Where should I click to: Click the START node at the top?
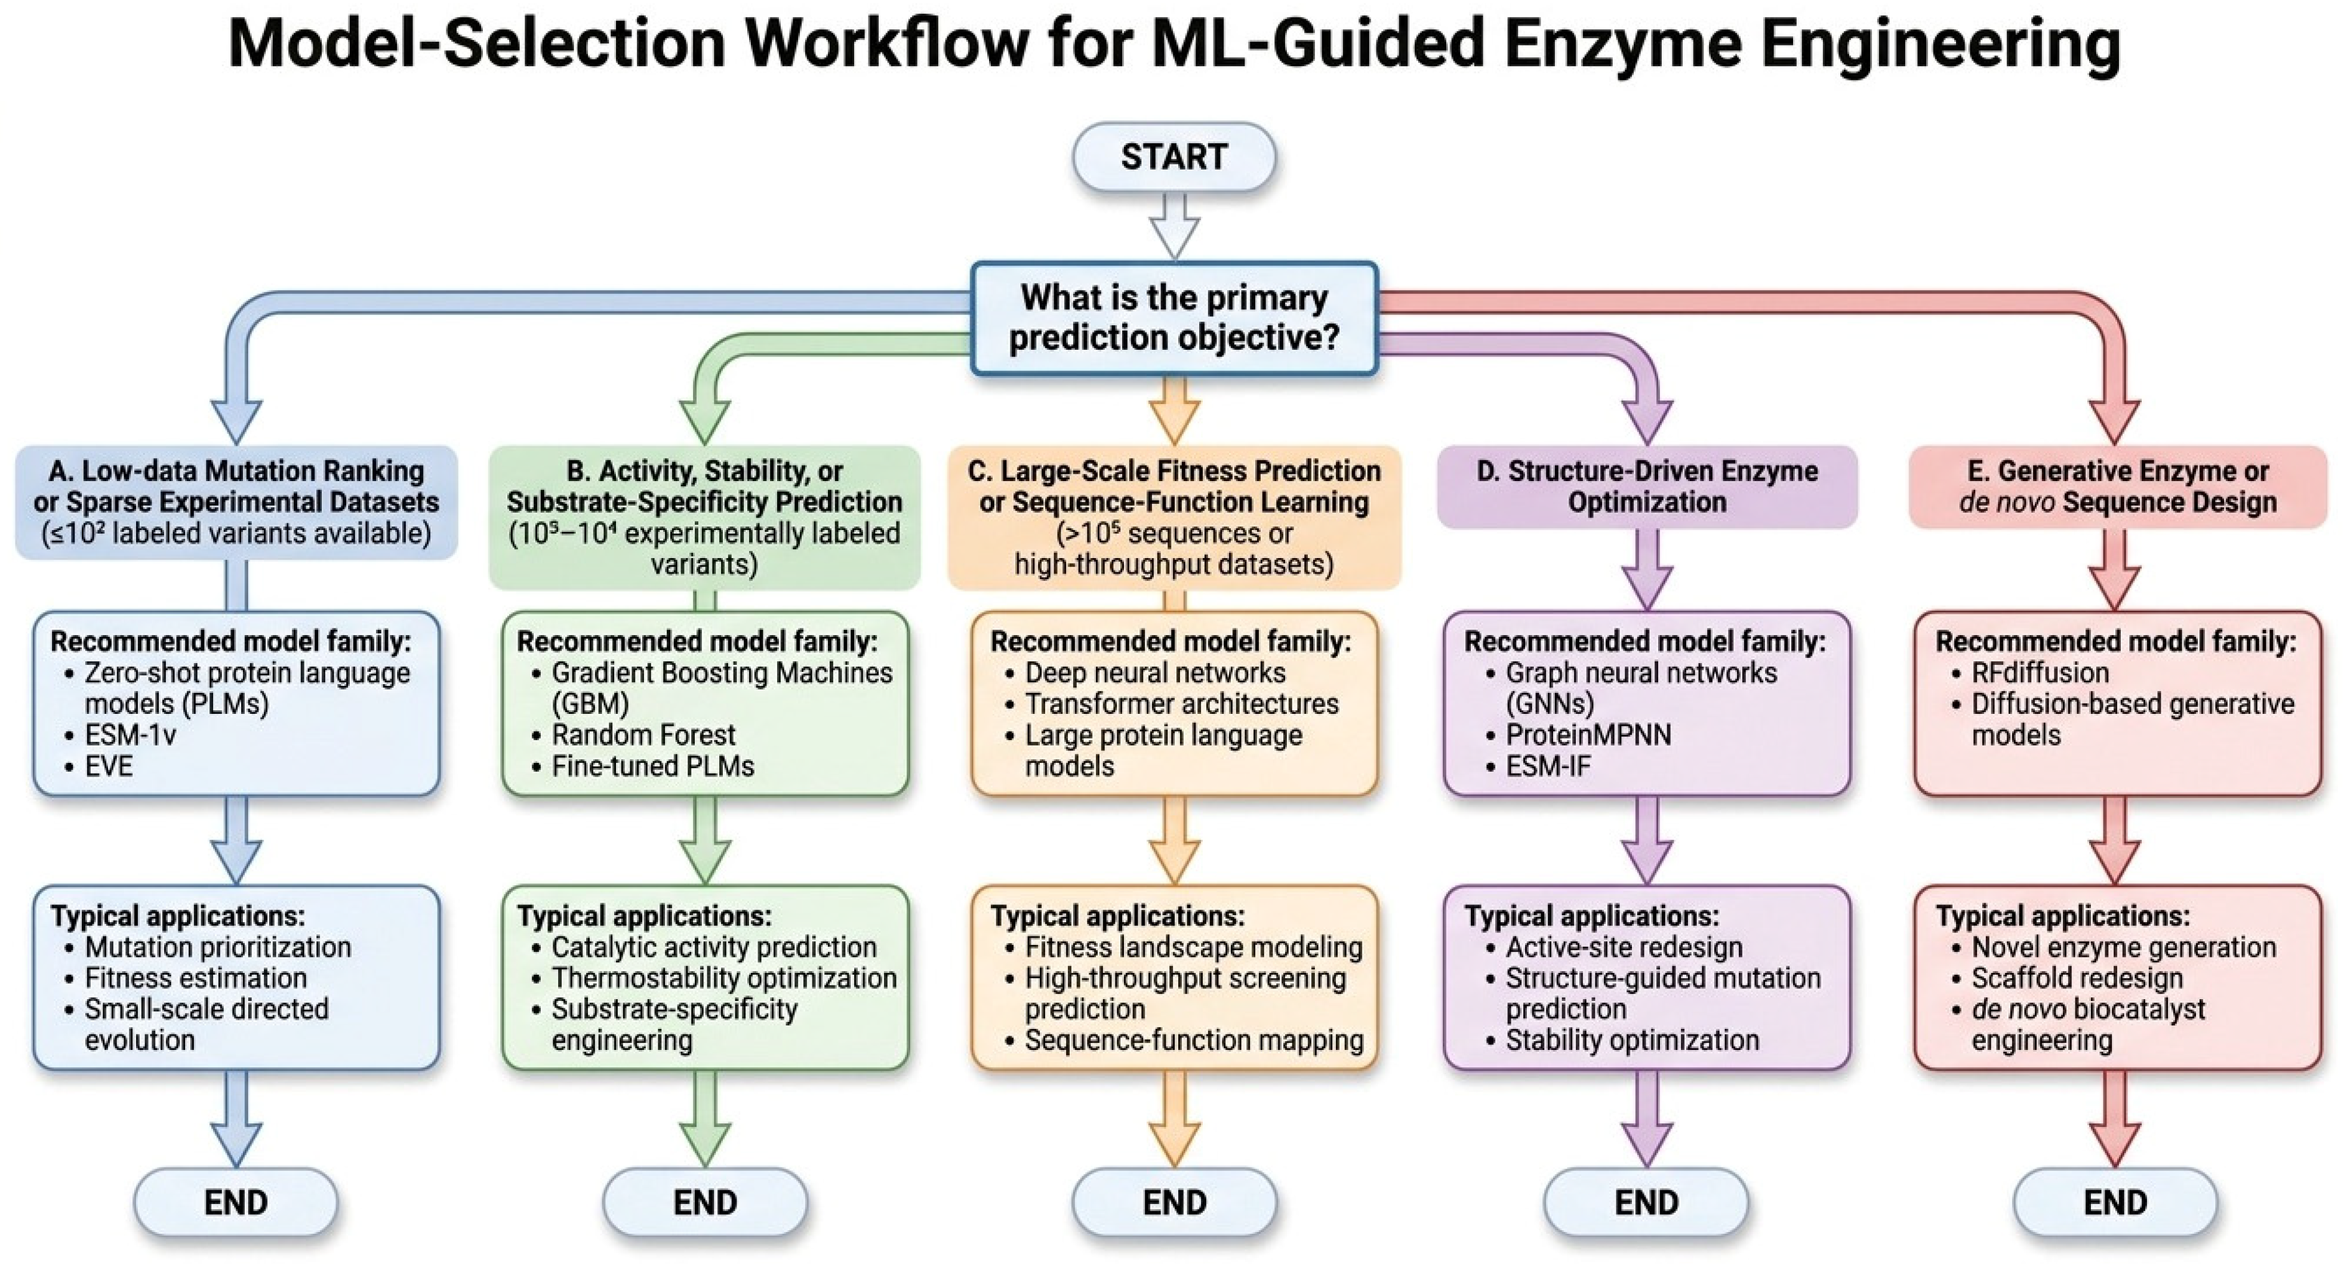1173,156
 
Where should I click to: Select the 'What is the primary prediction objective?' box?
1173,318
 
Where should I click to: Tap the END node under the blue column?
236,1202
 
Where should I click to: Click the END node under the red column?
2115,1202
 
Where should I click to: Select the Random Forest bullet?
633,734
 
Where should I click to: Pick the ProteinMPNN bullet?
1579,734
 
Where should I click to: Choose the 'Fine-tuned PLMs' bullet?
643,765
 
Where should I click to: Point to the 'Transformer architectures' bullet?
1172,703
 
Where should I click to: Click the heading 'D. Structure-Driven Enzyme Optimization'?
1646,486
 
